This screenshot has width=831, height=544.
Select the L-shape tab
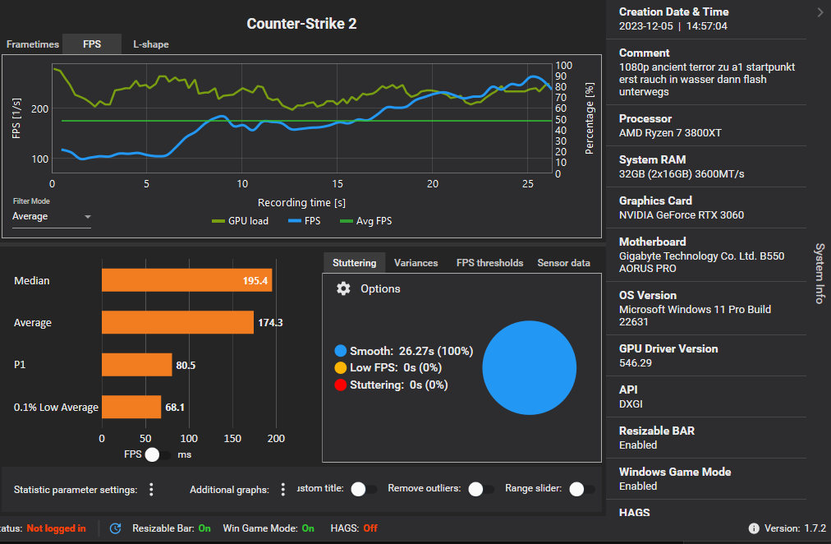point(151,44)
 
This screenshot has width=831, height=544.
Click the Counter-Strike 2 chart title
point(301,24)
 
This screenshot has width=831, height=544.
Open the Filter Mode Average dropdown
point(51,217)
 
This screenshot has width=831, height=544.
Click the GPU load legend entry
point(240,221)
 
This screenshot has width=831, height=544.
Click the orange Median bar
point(186,281)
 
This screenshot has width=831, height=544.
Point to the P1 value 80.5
point(186,365)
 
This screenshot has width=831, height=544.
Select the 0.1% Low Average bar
point(131,407)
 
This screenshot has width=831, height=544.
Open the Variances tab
point(415,263)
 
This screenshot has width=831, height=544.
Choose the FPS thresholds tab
point(489,263)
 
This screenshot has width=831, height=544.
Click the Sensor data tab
point(563,263)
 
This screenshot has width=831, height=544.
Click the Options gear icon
point(344,288)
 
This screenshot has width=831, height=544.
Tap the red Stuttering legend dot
point(340,385)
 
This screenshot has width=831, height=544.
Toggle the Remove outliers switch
point(480,489)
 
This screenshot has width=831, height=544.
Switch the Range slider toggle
point(581,489)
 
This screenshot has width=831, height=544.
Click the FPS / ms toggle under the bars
point(158,454)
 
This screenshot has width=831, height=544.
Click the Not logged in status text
point(56,528)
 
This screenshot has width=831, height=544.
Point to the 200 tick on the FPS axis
point(41,109)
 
